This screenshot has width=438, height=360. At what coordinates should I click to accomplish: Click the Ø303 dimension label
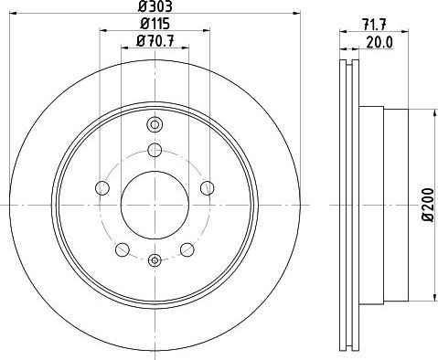tap(155, 6)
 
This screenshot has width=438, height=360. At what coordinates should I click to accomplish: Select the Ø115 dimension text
tap(155, 24)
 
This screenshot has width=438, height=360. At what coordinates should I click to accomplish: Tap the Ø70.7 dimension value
tap(155, 41)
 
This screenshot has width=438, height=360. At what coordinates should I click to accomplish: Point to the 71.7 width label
tap(374, 25)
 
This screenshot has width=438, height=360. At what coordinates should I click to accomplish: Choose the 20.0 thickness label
tap(379, 43)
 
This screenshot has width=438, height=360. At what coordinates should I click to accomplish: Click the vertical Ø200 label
tap(427, 205)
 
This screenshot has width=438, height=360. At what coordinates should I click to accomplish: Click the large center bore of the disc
tap(155, 205)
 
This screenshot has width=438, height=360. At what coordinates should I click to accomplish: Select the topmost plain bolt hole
tap(155, 150)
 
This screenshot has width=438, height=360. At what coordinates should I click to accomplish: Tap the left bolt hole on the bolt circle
tap(102, 188)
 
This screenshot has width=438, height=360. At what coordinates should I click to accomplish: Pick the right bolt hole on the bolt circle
tap(208, 188)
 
